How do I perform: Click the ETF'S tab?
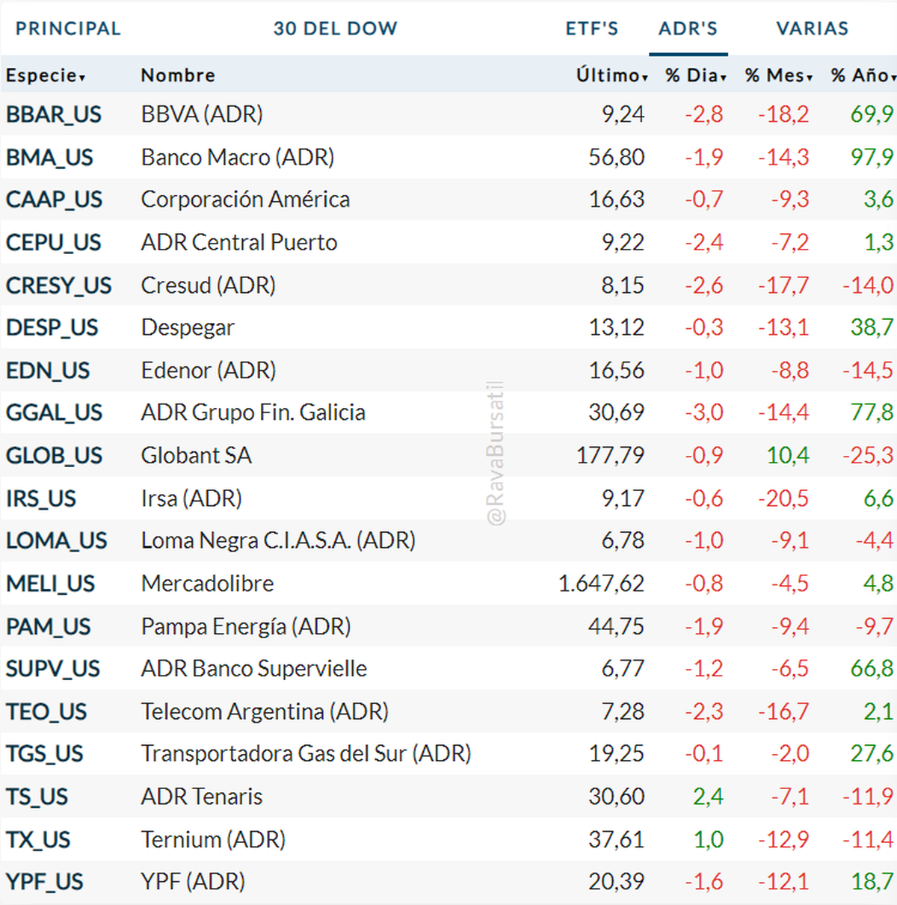591,28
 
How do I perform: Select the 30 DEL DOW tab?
335,28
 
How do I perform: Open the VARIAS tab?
812,28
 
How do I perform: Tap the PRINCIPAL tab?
68,28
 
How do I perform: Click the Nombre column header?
178,75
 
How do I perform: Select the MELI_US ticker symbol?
51,584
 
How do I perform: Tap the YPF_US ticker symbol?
45,882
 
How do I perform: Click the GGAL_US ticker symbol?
54,413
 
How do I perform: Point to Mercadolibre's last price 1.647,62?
601,584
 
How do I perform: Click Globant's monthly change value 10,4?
788,455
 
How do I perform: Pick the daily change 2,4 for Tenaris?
708,797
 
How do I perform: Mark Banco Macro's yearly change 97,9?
872,157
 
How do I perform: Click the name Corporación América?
245,200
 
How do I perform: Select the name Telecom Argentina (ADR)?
265,711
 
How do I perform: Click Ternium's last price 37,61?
616,839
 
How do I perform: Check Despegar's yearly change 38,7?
872,327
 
